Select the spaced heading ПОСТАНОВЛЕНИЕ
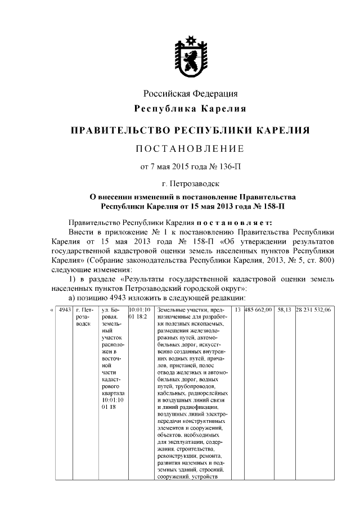point(190,148)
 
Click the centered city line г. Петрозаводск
point(190,183)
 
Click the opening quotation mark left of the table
point(52,309)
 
